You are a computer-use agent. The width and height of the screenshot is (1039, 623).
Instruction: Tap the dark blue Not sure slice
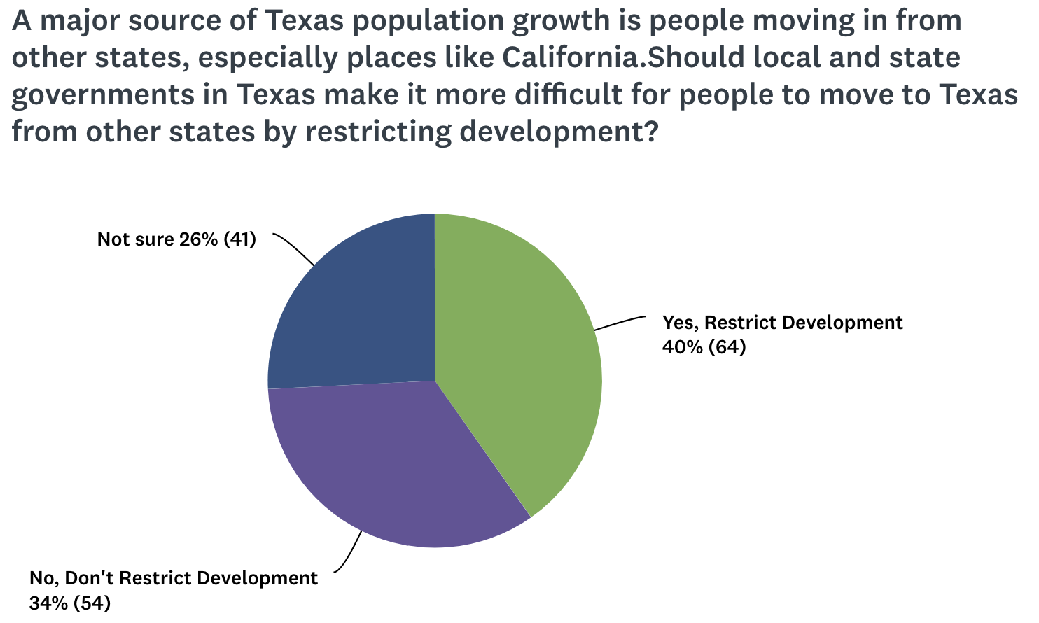[357, 308]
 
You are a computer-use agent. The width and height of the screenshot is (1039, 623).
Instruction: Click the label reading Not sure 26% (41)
[176, 239]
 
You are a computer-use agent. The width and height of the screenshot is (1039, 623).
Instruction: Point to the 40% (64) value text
[704, 346]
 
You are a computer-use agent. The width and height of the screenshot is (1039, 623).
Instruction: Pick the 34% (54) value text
[70, 603]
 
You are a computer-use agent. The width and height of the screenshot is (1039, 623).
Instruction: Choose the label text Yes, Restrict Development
[782, 323]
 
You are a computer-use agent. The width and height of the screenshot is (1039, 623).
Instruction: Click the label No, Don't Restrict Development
[174, 578]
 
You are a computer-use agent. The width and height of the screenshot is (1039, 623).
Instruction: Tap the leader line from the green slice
[620, 323]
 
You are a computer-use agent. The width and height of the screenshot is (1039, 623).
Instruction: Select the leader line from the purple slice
[350, 553]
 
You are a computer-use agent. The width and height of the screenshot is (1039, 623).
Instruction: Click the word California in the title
[575, 57]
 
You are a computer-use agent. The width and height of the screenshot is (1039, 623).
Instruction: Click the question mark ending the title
[650, 131]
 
